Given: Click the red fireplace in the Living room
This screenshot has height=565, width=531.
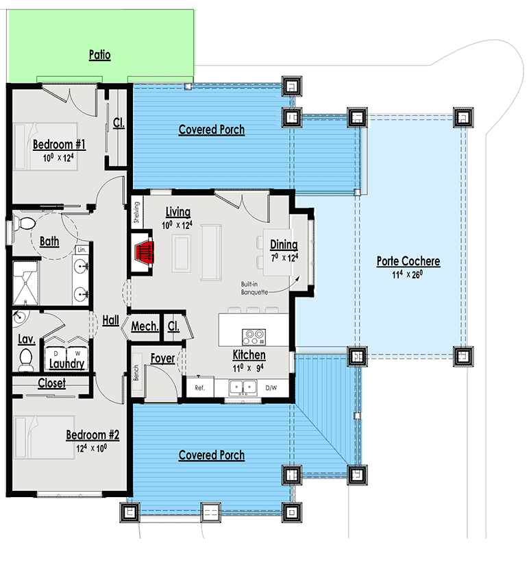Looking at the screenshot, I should (x=145, y=252).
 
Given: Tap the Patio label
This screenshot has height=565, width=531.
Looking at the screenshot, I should (x=99, y=55).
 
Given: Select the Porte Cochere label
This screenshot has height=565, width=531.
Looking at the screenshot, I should (x=408, y=261).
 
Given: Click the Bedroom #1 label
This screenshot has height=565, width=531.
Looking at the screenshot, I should (x=59, y=145).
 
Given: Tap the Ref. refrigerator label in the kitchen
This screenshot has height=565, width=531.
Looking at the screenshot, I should (x=200, y=388).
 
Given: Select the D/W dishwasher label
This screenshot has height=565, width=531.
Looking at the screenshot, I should (x=271, y=388).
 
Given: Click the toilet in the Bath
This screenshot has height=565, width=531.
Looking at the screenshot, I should (x=27, y=223).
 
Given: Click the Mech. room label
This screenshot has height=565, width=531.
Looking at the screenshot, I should (x=145, y=326).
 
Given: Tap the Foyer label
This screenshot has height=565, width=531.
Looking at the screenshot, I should (x=163, y=358).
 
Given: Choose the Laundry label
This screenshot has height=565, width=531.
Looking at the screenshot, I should (x=67, y=364).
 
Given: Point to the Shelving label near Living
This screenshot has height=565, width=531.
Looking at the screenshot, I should (x=136, y=213).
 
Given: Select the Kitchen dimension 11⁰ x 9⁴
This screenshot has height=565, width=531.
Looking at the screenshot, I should (x=249, y=368).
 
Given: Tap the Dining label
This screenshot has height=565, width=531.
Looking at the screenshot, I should (x=284, y=245).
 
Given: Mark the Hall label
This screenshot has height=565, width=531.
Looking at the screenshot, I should (x=111, y=320).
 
